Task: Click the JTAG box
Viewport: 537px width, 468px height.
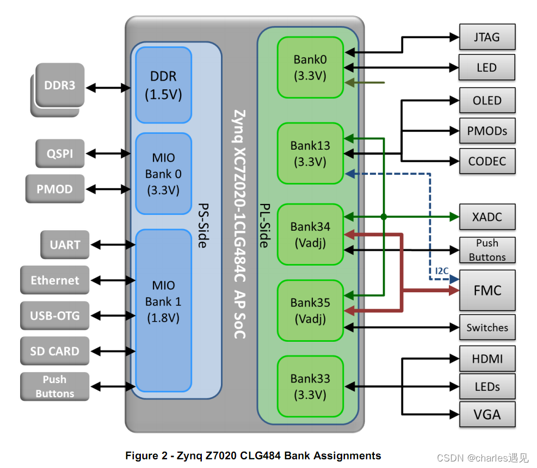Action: pyautogui.click(x=486, y=38)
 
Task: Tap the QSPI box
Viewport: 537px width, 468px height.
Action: pyautogui.click(x=60, y=153)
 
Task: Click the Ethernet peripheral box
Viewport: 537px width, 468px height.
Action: pyautogui.click(x=54, y=280)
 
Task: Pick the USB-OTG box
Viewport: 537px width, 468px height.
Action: pyautogui.click(x=54, y=316)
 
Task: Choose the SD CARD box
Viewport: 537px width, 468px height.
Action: pyautogui.click(x=54, y=352)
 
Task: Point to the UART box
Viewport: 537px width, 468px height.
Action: pyautogui.click(x=65, y=245)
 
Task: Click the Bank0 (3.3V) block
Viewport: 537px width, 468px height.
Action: pyautogui.click(x=310, y=67)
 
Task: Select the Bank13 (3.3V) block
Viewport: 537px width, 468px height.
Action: pyautogui.click(x=310, y=153)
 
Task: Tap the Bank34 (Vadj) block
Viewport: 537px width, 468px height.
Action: pyautogui.click(x=310, y=235)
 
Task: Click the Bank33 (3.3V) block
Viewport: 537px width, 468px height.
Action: pyautogui.click(x=310, y=386)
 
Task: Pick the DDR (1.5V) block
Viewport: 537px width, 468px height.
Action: pyautogui.click(x=163, y=85)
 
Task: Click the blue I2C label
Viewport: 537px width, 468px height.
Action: pyautogui.click(x=442, y=270)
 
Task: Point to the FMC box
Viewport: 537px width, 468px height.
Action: pyautogui.click(x=487, y=291)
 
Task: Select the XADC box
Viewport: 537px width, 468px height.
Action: pyautogui.click(x=487, y=217)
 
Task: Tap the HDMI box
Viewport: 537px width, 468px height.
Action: pyautogui.click(x=487, y=359)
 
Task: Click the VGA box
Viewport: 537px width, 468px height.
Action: pyautogui.click(x=487, y=415)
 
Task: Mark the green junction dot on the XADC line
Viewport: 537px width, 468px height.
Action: pyautogui.click(x=384, y=217)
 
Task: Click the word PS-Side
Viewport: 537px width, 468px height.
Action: pyautogui.click(x=202, y=225)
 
